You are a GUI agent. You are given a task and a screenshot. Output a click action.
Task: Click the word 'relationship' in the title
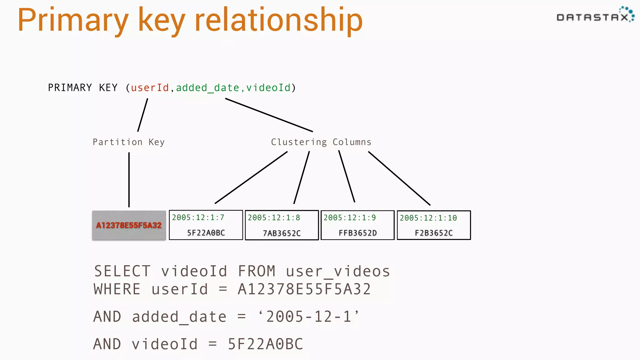(x=278, y=21)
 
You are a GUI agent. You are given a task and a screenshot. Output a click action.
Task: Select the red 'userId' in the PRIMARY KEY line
(x=150, y=88)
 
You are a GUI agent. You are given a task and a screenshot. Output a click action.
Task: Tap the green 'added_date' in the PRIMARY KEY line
(x=207, y=88)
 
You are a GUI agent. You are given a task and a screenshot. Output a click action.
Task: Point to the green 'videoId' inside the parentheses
(x=268, y=88)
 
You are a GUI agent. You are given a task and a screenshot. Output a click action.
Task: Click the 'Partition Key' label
(x=128, y=142)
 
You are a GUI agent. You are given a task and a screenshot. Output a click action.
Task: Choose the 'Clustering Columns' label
(x=321, y=142)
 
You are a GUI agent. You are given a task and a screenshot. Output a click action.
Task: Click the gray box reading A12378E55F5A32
(x=129, y=225)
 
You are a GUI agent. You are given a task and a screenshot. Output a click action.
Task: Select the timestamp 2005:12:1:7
(x=198, y=217)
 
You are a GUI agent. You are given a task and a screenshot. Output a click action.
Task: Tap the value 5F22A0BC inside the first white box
(x=206, y=233)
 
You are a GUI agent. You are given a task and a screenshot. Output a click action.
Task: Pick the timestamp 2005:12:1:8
(x=274, y=217)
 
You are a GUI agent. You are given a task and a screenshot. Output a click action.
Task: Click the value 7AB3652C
(x=282, y=233)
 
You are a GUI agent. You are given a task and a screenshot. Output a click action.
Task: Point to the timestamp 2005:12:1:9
(x=350, y=217)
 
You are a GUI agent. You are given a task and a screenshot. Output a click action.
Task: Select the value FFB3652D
(x=358, y=233)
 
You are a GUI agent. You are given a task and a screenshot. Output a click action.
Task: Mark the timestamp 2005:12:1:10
(x=428, y=218)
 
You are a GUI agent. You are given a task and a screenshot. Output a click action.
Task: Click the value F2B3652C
(x=434, y=233)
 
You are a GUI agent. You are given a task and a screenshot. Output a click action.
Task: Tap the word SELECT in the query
(x=122, y=271)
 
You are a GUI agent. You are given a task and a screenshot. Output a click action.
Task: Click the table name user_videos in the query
(x=338, y=271)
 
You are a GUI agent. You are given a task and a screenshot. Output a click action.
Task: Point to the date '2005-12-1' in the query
(x=309, y=317)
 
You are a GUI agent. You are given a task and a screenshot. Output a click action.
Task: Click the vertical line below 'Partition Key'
(x=129, y=180)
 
